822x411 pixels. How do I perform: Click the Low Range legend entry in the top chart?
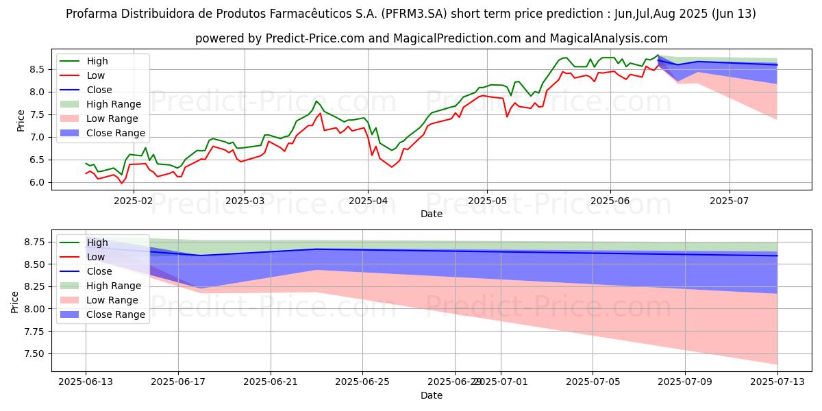(117, 119)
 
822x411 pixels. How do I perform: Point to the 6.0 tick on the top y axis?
(38, 183)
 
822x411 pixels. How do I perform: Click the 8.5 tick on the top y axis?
(38, 69)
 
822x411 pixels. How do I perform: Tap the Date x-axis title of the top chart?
(432, 214)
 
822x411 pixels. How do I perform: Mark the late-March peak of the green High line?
(316, 101)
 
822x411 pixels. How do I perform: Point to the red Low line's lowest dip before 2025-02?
(122, 184)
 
